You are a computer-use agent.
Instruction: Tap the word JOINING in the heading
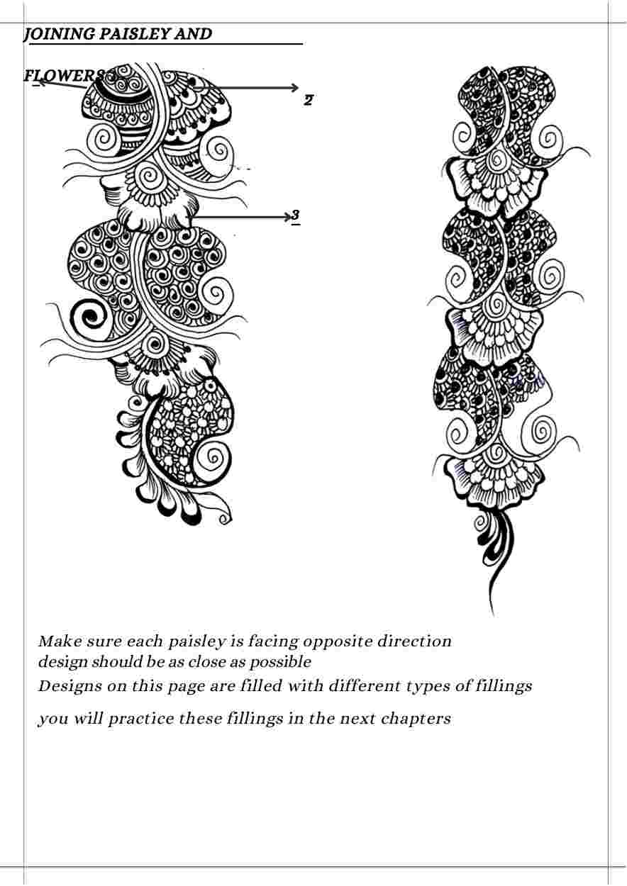[x=59, y=35]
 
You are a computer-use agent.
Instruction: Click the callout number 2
[x=309, y=100]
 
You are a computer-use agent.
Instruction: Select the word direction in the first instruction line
[x=414, y=641]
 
